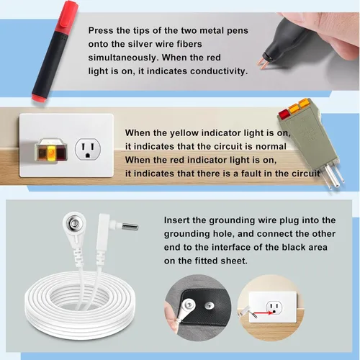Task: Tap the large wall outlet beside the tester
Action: coord(88,149)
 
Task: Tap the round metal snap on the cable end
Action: coord(74,225)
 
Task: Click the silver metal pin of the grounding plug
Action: coord(130,227)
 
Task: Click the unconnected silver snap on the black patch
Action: coord(208,305)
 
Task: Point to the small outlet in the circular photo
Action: coord(274,307)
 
